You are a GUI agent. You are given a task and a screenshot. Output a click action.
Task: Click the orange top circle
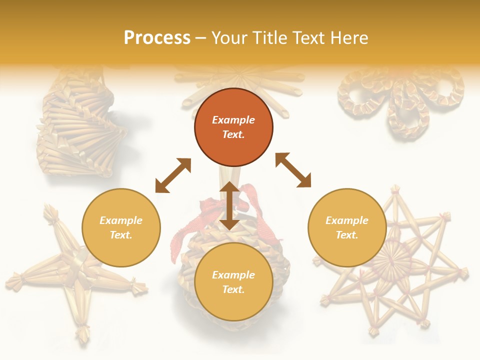coord(233,127)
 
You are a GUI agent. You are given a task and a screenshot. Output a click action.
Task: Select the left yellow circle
coord(121,228)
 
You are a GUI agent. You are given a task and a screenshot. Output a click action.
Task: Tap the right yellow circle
coord(347,228)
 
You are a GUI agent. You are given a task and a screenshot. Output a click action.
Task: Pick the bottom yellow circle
coord(233,282)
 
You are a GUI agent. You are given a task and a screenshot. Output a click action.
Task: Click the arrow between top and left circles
coord(173,175)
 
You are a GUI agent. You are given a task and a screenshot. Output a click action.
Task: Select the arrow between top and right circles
coord(293,170)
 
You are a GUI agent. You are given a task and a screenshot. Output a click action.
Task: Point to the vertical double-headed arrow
coord(229,205)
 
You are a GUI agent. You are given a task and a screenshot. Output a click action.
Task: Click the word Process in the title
coord(157,38)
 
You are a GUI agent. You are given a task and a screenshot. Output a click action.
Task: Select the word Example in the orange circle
coord(233,120)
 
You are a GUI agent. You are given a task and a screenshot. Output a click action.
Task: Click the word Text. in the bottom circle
coord(233,289)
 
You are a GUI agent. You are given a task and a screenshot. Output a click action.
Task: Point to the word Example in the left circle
coord(121,220)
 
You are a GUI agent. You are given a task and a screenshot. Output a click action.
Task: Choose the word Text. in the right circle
coord(347,235)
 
